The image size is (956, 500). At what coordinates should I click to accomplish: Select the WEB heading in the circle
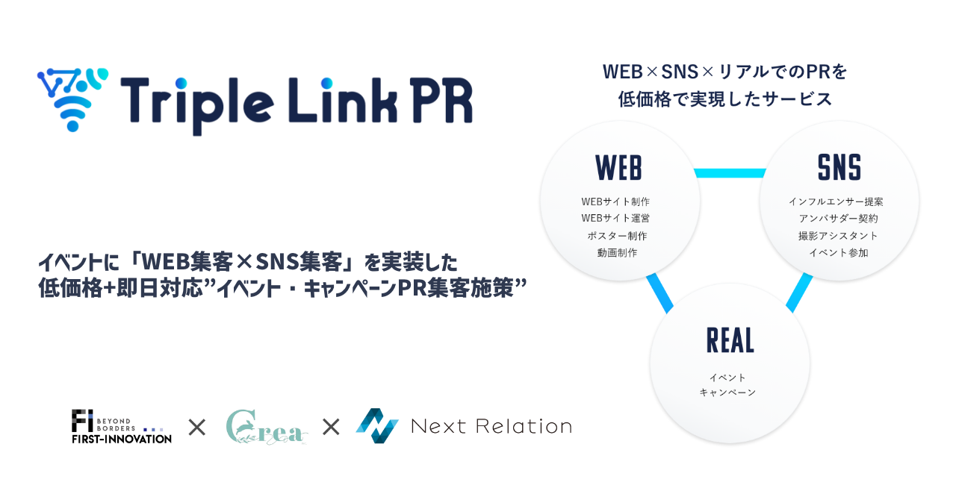pos(618,168)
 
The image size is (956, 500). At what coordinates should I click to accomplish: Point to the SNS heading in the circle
pos(839,168)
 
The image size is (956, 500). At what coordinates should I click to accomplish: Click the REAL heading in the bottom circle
pos(730,340)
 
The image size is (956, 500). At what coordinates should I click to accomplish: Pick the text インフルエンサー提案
pos(836,201)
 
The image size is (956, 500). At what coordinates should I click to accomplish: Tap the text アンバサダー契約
pos(838,219)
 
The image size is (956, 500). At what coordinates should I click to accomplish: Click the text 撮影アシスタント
pos(838,236)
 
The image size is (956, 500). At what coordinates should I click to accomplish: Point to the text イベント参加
pos(839,253)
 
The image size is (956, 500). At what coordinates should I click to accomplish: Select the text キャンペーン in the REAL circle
pos(727,393)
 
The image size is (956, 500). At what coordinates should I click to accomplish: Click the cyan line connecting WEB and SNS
pos(730,173)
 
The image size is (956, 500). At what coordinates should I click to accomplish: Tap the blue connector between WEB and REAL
pos(659,292)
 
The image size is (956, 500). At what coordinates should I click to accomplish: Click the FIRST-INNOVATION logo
pos(121,427)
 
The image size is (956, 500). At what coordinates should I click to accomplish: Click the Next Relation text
pos(491,427)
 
